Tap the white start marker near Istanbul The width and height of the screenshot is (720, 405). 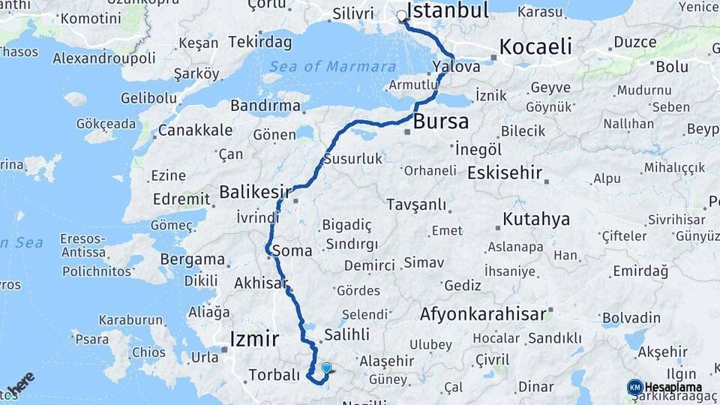click(x=402, y=16)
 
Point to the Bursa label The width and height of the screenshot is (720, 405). click(x=441, y=121)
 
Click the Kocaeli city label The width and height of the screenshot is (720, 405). click(x=535, y=46)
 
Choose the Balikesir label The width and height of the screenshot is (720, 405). click(x=255, y=192)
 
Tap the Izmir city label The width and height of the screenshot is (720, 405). click(x=254, y=337)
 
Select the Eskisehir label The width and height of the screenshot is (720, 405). click(x=504, y=173)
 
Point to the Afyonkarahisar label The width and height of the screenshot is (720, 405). click(x=483, y=313)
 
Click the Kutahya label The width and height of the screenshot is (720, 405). click(x=536, y=220)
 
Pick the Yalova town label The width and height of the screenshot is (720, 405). click(x=456, y=67)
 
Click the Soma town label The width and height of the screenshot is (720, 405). click(x=292, y=251)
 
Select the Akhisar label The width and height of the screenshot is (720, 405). click(x=261, y=283)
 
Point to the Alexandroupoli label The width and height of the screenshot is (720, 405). click(x=103, y=58)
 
